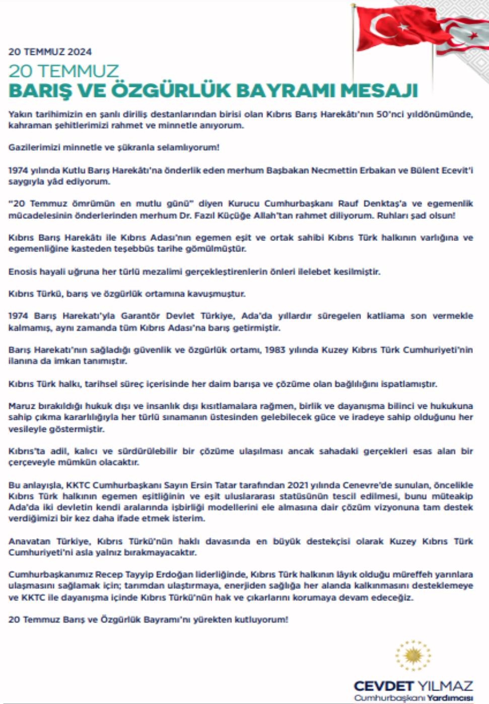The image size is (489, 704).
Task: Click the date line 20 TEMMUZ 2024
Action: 50,52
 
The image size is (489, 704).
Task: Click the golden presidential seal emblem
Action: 413,655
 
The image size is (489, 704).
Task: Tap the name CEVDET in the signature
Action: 383,686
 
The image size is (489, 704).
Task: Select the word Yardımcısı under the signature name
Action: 450,698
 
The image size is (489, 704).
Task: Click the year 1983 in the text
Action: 275,350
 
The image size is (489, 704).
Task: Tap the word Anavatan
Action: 29,542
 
